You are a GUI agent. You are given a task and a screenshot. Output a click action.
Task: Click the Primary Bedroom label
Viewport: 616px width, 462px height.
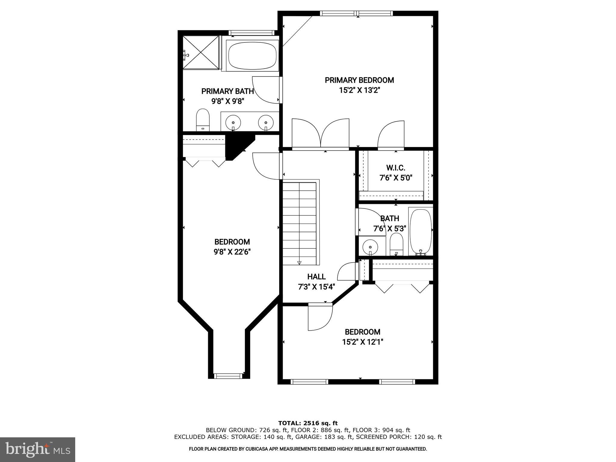point(359,80)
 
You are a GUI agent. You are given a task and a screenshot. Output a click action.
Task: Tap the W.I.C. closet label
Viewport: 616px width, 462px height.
point(396,168)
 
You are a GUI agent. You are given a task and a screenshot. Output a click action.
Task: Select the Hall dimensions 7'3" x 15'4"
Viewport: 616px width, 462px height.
point(316,287)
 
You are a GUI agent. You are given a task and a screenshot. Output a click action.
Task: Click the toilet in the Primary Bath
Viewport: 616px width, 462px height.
point(202,120)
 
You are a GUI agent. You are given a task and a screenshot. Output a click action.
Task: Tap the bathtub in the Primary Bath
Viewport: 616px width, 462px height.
point(252,56)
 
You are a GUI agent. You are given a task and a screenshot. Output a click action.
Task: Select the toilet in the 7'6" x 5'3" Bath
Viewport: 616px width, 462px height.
point(396,245)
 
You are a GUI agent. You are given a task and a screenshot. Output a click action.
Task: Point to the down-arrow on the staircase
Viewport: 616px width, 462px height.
point(299,263)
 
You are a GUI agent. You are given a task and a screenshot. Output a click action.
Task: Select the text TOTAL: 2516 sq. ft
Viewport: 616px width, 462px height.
point(308,423)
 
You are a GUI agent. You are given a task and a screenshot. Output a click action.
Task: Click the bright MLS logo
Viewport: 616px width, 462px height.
point(38,449)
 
